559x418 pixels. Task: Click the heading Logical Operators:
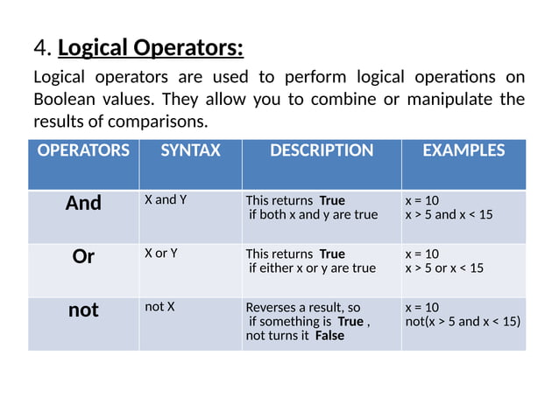pyautogui.click(x=151, y=46)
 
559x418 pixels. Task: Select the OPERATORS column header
pyautogui.click(x=83, y=150)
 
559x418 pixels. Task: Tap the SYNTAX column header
pyautogui.click(x=190, y=150)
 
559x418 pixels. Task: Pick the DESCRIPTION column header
pyautogui.click(x=321, y=150)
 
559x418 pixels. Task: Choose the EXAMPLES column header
pyautogui.click(x=463, y=150)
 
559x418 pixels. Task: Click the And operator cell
pyautogui.click(x=83, y=203)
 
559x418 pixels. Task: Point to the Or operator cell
pyautogui.click(x=83, y=257)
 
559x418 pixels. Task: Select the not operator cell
pyautogui.click(x=83, y=310)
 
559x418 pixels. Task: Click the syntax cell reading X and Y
pyautogui.click(x=166, y=200)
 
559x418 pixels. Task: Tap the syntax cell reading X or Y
pyautogui.click(x=161, y=254)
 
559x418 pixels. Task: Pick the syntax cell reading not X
pyautogui.click(x=159, y=307)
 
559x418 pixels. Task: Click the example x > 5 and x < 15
pyautogui.click(x=449, y=215)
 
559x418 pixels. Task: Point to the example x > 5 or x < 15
pyautogui.click(x=443, y=268)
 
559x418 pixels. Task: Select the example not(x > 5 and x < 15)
pyautogui.click(x=462, y=322)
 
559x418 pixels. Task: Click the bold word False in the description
pyautogui.click(x=329, y=336)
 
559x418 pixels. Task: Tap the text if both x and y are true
pyautogui.click(x=313, y=215)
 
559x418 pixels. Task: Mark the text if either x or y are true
pyautogui.click(x=312, y=268)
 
